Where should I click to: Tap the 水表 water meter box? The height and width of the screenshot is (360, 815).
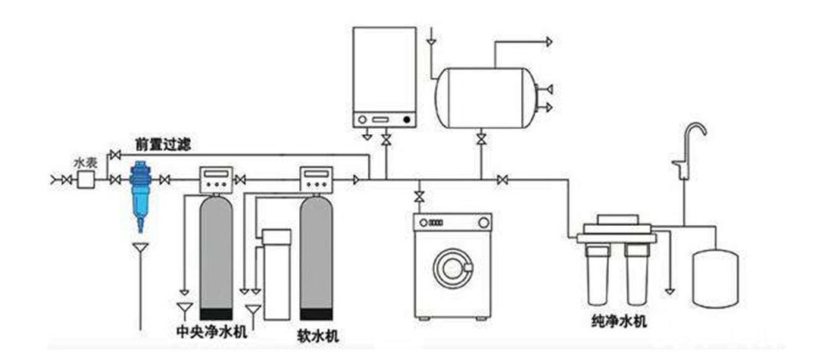click(x=85, y=180)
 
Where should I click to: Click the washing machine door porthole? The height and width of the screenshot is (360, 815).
click(x=452, y=267)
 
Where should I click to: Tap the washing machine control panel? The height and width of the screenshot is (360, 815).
click(x=451, y=223)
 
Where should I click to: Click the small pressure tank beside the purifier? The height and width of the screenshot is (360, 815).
click(x=715, y=277)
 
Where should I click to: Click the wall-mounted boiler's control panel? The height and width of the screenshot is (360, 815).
click(x=386, y=120)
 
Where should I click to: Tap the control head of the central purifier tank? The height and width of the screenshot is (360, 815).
click(x=217, y=179)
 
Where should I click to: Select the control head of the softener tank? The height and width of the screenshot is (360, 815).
click(x=317, y=179)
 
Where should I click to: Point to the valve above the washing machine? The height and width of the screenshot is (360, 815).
click(x=418, y=197)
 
